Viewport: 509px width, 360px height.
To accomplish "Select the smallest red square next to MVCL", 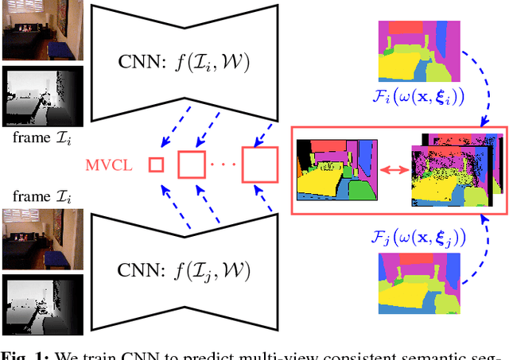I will point(156,165).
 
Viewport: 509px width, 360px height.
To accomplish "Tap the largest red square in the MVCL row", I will point(259,165).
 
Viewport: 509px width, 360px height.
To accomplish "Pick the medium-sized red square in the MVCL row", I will point(192,165).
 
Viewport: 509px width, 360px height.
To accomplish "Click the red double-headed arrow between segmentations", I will point(393,169).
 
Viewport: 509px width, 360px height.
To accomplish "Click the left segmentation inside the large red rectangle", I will point(336,169).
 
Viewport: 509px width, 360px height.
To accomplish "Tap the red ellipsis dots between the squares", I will point(224,165).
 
